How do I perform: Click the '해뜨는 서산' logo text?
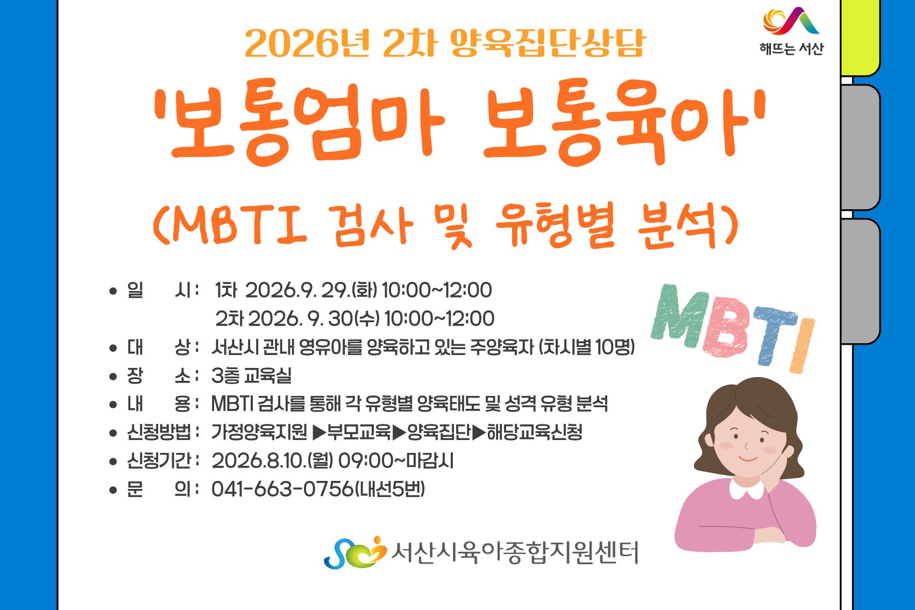tap(791, 48)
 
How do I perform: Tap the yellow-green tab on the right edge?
tap(860, 38)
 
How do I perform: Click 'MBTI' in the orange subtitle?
tap(239, 225)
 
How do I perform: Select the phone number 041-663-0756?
tap(282, 489)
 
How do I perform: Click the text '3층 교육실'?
tap(252, 375)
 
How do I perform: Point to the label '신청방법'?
tap(159, 432)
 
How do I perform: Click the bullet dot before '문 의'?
tap(113, 490)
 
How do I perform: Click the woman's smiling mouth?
tap(748, 459)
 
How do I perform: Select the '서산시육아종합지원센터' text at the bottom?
tap(515, 553)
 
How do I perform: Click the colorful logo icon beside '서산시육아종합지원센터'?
tap(355, 553)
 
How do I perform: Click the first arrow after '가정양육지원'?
tap(319, 432)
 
